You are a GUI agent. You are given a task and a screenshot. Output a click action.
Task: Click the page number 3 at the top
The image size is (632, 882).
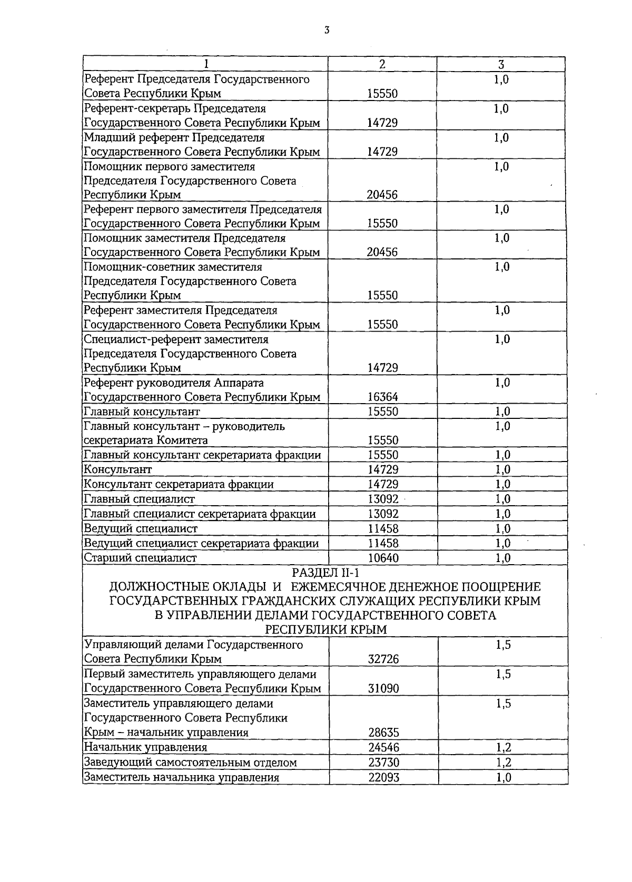coord(327,31)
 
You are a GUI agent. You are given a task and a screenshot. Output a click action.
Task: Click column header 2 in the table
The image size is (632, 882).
coord(382,64)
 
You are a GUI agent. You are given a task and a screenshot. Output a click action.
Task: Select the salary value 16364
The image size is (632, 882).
coord(382,397)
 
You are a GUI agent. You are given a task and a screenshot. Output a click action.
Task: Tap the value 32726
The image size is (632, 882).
coord(383,659)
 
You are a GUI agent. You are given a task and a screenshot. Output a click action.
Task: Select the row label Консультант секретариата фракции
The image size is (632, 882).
coord(179,484)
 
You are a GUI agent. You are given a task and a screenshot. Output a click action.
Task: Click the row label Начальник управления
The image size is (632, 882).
coord(146,747)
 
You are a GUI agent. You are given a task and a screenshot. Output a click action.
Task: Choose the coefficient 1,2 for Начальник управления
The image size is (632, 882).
coord(503,747)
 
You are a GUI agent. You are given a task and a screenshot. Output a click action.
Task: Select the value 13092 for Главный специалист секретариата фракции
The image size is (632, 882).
coord(383,514)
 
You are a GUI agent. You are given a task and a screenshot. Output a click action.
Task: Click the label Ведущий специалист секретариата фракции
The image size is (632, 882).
coord(201,544)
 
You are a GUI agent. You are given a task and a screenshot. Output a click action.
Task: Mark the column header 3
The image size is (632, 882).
coord(501,64)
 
